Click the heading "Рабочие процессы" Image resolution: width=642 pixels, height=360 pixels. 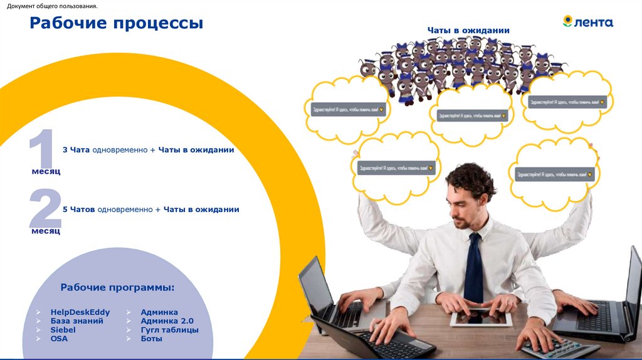(117, 23)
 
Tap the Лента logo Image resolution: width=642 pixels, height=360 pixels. (587, 22)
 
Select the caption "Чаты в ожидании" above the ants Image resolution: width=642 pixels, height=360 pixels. (468, 30)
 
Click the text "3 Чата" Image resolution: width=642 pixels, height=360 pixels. (76, 150)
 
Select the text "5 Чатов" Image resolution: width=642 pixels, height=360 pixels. (78, 209)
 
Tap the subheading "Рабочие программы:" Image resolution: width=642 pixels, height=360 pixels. (117, 287)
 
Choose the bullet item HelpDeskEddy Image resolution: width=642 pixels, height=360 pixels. (80, 312)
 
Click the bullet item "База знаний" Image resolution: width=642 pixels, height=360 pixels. (76, 320)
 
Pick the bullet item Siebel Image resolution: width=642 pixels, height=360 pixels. (63, 329)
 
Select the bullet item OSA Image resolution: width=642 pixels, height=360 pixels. (59, 338)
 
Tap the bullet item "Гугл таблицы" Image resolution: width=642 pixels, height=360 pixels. (169, 329)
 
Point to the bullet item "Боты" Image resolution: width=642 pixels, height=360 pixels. (151, 338)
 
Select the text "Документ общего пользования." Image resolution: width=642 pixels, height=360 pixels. (52, 6)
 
